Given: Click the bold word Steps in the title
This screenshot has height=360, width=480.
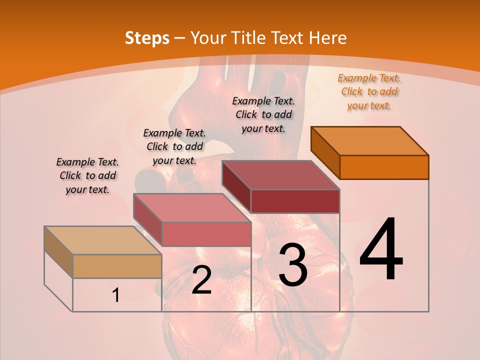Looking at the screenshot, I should (x=147, y=38).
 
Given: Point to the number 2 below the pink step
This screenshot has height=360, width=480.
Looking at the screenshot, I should (x=201, y=280).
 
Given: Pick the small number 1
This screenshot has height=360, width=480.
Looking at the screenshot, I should (x=116, y=295).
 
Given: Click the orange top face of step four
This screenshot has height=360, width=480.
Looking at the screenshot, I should (x=370, y=140).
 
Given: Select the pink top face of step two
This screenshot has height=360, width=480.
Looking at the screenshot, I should (x=192, y=207).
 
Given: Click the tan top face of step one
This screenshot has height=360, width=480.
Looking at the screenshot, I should (x=103, y=240).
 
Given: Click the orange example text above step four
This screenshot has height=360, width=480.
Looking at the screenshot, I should (x=369, y=92).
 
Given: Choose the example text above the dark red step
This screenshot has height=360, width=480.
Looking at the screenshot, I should (x=263, y=114).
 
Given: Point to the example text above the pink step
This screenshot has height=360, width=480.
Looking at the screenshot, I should (x=174, y=146).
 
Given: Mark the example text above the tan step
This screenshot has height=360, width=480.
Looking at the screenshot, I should (x=87, y=176).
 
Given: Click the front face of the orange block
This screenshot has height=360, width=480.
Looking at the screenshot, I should (x=384, y=167).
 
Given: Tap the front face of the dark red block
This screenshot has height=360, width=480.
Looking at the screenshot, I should (x=295, y=201).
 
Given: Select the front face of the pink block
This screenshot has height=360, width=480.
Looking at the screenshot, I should (x=206, y=234).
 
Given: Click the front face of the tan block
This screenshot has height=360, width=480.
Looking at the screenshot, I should (x=117, y=266).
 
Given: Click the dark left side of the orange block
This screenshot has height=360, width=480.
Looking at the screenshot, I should (x=325, y=152).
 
